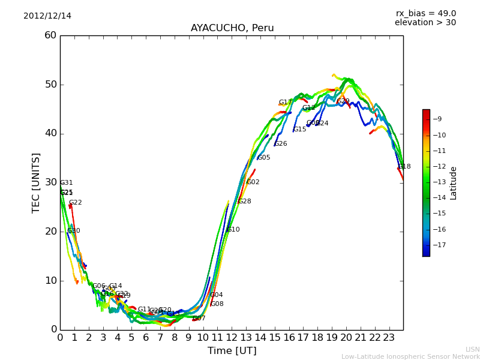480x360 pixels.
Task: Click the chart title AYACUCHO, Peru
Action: tap(232, 28)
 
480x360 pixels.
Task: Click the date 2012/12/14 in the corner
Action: tap(47, 16)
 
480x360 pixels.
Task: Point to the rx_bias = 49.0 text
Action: tap(425, 13)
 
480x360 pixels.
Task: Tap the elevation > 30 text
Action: tap(425, 23)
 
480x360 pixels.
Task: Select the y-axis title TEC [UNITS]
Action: tap(36, 182)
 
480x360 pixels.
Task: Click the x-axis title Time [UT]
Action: tap(232, 350)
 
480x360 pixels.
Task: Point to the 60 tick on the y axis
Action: tap(50, 35)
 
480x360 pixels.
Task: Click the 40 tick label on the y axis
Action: tap(50, 133)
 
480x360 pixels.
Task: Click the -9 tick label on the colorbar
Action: tap(437, 119)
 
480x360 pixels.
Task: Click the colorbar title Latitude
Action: tap(454, 182)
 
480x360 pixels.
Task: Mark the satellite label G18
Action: tap(404, 166)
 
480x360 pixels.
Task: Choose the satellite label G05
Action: tap(263, 158)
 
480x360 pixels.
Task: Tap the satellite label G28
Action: tap(245, 202)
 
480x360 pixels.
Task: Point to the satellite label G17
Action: tap(285, 103)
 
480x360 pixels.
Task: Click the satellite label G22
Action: tap(76, 203)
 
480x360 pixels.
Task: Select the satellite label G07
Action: tap(199, 319)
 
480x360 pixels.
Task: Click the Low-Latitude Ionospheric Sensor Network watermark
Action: tap(410, 356)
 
